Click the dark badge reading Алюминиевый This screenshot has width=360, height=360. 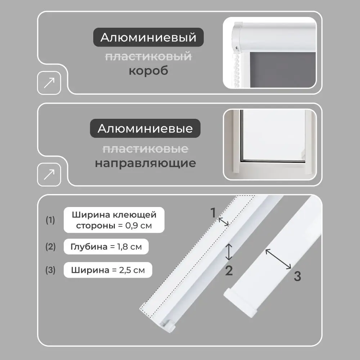(x=148, y=38)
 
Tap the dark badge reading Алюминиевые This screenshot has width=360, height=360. (x=145, y=129)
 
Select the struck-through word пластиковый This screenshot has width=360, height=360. (x=148, y=56)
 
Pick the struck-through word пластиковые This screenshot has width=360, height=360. (x=145, y=149)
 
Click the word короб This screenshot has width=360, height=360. (x=148, y=71)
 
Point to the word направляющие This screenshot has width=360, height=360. (x=145, y=163)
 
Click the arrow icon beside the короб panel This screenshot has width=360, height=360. (x=49, y=82)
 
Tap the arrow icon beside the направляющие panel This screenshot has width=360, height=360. (x=49, y=175)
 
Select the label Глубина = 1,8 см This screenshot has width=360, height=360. (x=106, y=247)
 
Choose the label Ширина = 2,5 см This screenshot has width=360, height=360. (x=108, y=270)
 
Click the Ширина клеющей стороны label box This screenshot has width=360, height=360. (x=114, y=220)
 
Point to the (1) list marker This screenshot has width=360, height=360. (x=50, y=220)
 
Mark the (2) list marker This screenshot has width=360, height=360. (x=50, y=247)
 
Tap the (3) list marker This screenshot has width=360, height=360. (x=50, y=270)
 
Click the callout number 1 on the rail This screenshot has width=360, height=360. (x=213, y=213)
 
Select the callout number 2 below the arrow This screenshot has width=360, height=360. (x=229, y=270)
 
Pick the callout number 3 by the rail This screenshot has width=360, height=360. (x=297, y=276)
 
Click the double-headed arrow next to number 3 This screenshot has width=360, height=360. (x=278, y=259)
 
